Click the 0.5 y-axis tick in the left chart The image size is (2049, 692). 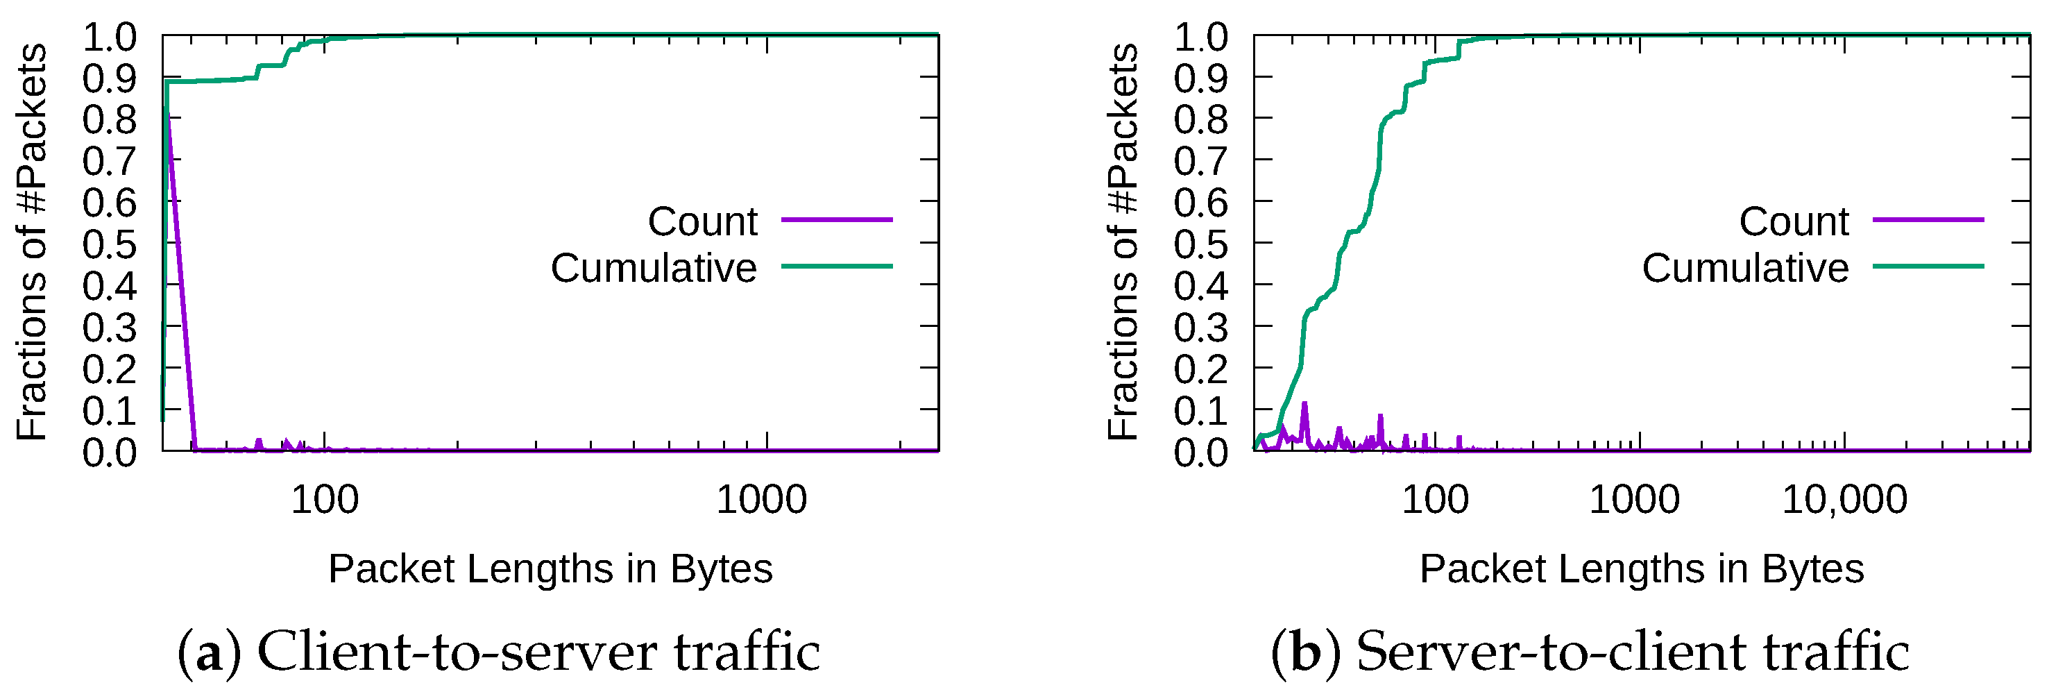pyautogui.click(x=110, y=244)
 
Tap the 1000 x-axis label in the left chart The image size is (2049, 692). pyautogui.click(x=761, y=500)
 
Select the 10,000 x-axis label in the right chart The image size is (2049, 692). pyautogui.click(x=1844, y=500)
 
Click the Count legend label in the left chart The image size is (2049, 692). pyautogui.click(x=702, y=221)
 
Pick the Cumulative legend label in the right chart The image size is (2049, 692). pyautogui.click(x=1745, y=268)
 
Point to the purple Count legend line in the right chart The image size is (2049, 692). pyautogui.click(x=1928, y=219)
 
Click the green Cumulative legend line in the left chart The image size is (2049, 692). pyautogui.click(x=836, y=267)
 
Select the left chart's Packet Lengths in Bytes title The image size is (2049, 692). pyautogui.click(x=550, y=568)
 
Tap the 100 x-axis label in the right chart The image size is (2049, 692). pyautogui.click(x=1435, y=500)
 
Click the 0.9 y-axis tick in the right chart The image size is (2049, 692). pyautogui.click(x=1201, y=78)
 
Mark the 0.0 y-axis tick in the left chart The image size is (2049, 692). pyautogui.click(x=110, y=453)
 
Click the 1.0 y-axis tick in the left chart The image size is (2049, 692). pyautogui.click(x=110, y=37)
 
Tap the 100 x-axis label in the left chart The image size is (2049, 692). pyautogui.click(x=325, y=500)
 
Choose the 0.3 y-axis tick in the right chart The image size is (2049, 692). pyautogui.click(x=1201, y=328)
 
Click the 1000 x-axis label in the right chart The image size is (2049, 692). pyautogui.click(x=1634, y=500)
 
